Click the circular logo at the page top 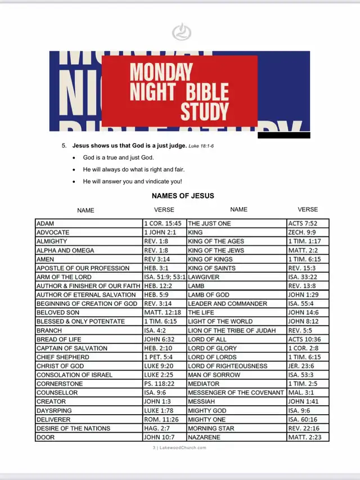(x=181, y=32)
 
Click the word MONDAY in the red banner (x=161, y=72)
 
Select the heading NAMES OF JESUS (x=183, y=196)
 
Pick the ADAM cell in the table (x=46, y=223)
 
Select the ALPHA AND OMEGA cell (x=65, y=250)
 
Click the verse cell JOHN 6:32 (x=159, y=339)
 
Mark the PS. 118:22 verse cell (x=160, y=383)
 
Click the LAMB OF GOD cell (x=209, y=294)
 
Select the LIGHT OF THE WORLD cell (x=217, y=321)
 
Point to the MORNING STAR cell (x=211, y=428)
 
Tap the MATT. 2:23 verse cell (x=305, y=437)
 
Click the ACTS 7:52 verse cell (x=303, y=223)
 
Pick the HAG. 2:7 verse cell (x=156, y=428)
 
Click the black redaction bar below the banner (x=283, y=135)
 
